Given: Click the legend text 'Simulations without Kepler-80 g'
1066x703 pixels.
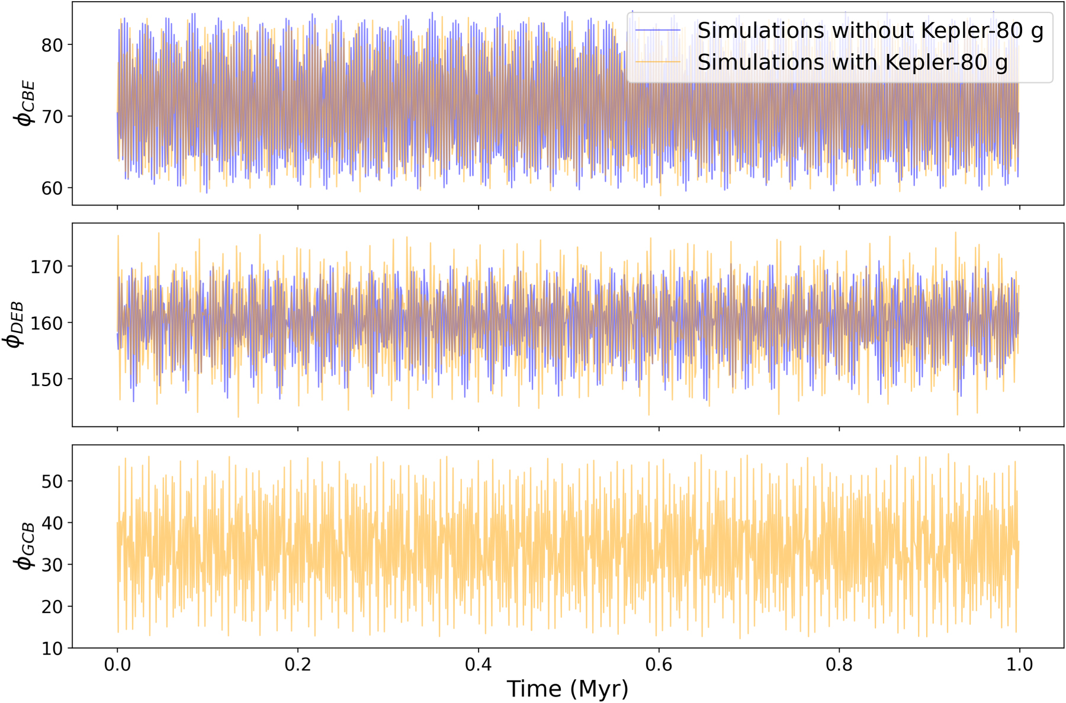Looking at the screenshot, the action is [870, 30].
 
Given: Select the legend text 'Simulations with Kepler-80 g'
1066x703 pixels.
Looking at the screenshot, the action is [852, 62].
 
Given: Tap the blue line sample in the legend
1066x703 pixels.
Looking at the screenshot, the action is [658, 30].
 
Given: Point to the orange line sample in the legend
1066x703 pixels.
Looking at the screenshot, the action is [658, 62].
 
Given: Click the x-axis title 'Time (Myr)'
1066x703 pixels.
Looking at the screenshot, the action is [567, 689].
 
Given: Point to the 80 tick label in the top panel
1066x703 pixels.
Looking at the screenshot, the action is [52, 45].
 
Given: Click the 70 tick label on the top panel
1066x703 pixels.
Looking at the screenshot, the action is [52, 117].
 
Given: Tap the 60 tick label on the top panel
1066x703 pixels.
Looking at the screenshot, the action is [52, 188].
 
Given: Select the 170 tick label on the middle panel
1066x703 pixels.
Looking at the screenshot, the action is [47, 267].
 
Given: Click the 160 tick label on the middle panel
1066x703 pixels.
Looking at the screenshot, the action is [47, 323].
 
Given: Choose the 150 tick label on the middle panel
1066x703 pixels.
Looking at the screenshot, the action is [47, 380].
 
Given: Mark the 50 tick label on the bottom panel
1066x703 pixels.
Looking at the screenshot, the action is [52, 481].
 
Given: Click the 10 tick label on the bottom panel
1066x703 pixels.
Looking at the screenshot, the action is [52, 649].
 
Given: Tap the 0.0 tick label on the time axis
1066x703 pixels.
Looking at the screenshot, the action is [117, 665].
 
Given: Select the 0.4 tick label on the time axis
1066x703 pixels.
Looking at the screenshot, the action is [479, 665].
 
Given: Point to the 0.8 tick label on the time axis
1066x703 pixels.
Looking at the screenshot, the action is [839, 665].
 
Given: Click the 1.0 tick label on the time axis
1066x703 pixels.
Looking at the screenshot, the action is [1019, 665].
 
